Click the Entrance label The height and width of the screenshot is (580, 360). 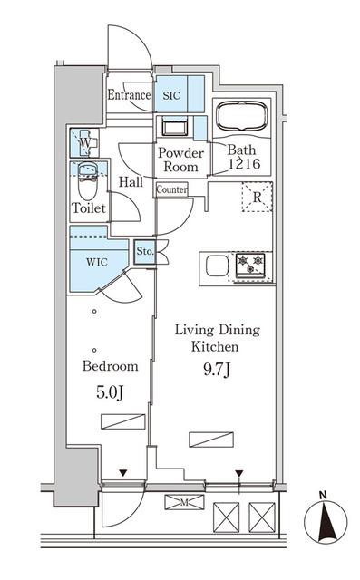(x=128, y=95)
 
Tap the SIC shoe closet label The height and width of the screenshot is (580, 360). (x=171, y=94)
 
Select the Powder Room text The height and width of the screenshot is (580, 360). (x=180, y=160)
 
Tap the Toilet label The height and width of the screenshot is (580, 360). (x=89, y=208)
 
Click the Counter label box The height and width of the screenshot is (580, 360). (x=171, y=190)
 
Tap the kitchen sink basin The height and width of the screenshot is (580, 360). (x=216, y=266)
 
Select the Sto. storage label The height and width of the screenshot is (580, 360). (x=144, y=252)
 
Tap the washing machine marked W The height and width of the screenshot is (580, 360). (x=83, y=142)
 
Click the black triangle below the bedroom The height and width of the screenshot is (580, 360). (x=123, y=473)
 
